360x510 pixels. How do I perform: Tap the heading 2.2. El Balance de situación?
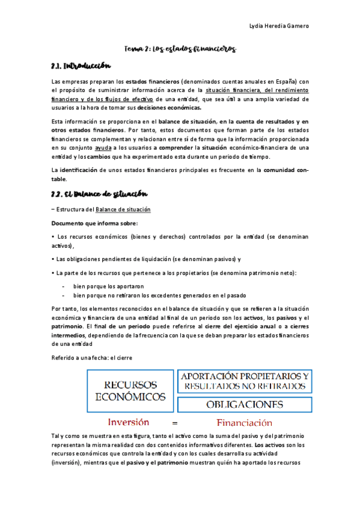(x=99, y=195)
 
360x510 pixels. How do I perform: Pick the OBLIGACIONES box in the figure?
(x=245, y=404)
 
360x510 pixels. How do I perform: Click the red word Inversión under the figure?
(x=129, y=422)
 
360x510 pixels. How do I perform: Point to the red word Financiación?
(x=248, y=423)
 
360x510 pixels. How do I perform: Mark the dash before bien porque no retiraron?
(x=63, y=295)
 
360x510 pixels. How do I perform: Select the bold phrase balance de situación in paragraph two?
(x=181, y=121)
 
